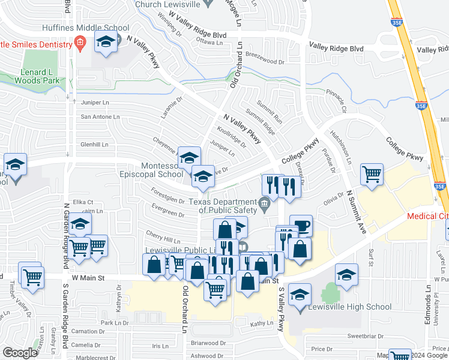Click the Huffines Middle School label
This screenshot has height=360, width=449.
click(85, 28)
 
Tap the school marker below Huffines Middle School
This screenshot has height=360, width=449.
click(106, 43)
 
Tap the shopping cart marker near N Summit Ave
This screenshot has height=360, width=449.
click(372, 174)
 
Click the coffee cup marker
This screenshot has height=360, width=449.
click(301, 226)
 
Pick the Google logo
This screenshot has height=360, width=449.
click(20, 352)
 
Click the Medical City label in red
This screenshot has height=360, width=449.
click(427, 216)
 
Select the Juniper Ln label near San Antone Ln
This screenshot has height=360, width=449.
click(95, 103)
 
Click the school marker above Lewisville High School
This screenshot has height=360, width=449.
click(346, 275)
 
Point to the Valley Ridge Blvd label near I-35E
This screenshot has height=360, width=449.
click(336, 47)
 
